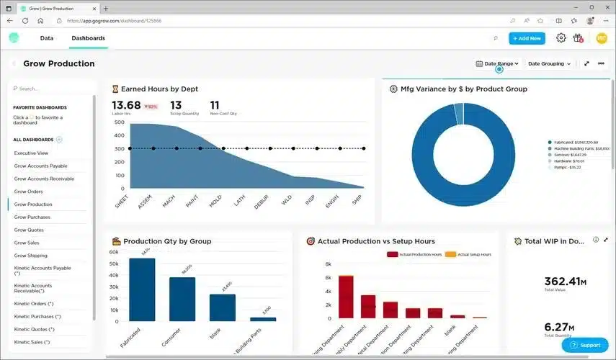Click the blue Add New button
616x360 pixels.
pos(527,38)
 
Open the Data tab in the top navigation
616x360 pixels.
pos(47,38)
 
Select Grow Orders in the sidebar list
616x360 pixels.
pos(29,192)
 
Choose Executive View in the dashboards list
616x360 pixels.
pos(32,153)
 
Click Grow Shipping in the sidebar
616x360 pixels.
pos(31,256)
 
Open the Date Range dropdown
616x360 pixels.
pos(498,63)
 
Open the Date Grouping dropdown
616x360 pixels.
pos(549,63)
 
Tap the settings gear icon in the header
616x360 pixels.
pos(561,38)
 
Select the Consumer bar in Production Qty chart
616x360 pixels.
pos(182,299)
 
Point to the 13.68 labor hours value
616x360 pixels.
pos(126,106)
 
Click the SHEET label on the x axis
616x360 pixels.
pos(121,201)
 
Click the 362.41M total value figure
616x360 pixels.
pos(566,281)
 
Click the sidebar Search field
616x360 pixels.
pos(50,89)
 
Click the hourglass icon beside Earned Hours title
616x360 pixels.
pos(115,89)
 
